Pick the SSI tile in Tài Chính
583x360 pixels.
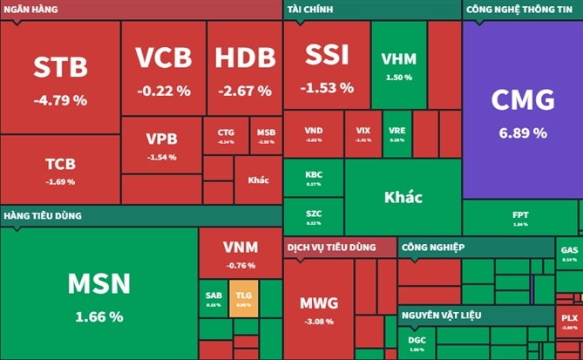click(327, 65)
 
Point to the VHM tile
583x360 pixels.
click(398, 65)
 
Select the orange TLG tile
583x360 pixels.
click(243, 298)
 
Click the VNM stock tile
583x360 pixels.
click(240, 253)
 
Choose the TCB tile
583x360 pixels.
click(60, 169)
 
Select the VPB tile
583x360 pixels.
click(161, 145)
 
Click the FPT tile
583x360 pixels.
click(520, 218)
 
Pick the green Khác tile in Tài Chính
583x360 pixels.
click(403, 197)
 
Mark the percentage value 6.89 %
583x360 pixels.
click(522, 133)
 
